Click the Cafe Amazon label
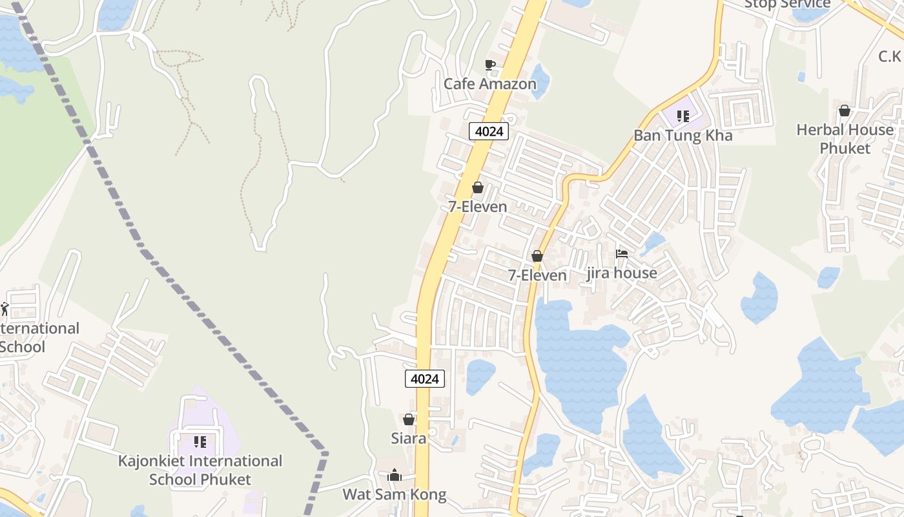coord(489,84)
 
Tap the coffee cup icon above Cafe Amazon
coord(489,65)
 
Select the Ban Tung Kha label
coord(683,136)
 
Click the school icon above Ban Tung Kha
coord(683,117)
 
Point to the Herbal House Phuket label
coord(845,139)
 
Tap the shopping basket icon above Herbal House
coord(844,111)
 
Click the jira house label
coord(622,273)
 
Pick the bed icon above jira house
coord(622,254)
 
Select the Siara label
coord(408,438)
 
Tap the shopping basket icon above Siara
coord(408,420)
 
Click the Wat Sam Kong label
coord(394,495)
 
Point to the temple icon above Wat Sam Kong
coord(395,476)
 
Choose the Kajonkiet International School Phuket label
coord(200,470)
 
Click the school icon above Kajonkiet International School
coord(200,442)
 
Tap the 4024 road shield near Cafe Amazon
coord(489,132)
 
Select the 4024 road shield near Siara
coord(425,379)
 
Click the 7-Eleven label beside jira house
coord(537,275)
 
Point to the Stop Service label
coord(787,4)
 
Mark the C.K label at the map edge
coord(890,57)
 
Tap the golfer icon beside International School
coord(5,309)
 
